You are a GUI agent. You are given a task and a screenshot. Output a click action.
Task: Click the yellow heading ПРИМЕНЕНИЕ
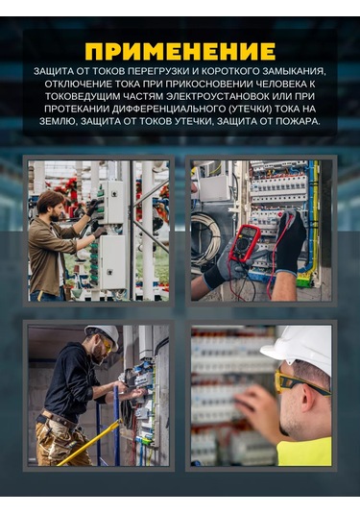tap(180, 52)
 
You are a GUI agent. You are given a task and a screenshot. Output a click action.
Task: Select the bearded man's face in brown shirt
tap(55, 211)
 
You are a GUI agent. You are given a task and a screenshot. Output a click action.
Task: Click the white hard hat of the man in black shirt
tap(103, 335)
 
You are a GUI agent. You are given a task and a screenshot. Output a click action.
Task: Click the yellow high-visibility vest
tap(304, 451)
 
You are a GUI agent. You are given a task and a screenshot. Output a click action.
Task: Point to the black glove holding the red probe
tap(290, 241)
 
